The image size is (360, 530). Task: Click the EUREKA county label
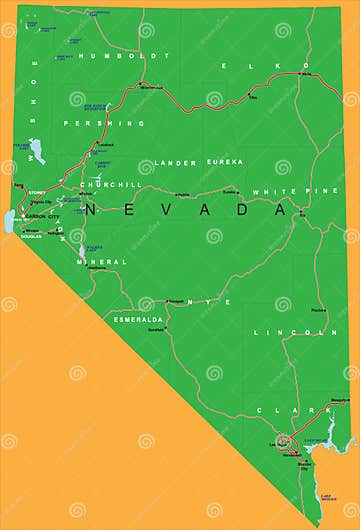tap(225, 161)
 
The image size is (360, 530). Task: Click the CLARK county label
tap(280, 410)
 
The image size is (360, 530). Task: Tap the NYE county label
tap(214, 301)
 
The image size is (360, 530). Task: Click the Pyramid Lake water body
tap(37, 151)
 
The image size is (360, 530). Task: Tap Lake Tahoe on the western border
tap(10, 221)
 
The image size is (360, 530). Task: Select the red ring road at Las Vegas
tap(285, 440)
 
